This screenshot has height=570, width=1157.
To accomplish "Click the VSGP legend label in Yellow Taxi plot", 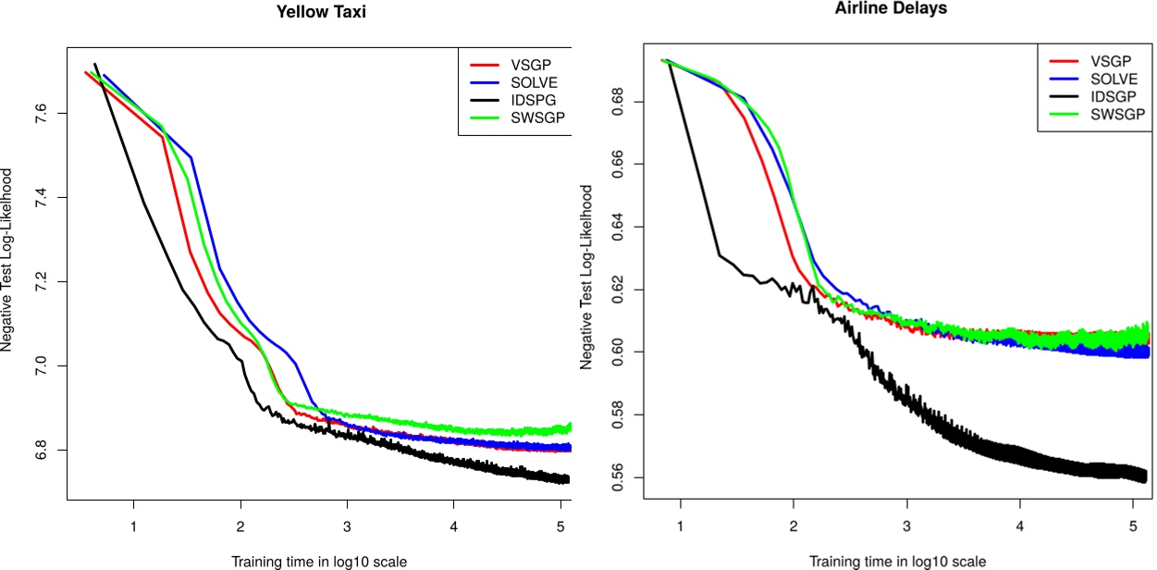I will tap(534, 65).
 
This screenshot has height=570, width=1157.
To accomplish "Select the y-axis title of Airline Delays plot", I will tap(586, 278).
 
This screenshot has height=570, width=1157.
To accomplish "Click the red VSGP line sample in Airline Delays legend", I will tap(1065, 58).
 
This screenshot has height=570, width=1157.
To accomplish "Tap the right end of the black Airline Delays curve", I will tap(1145, 477).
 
